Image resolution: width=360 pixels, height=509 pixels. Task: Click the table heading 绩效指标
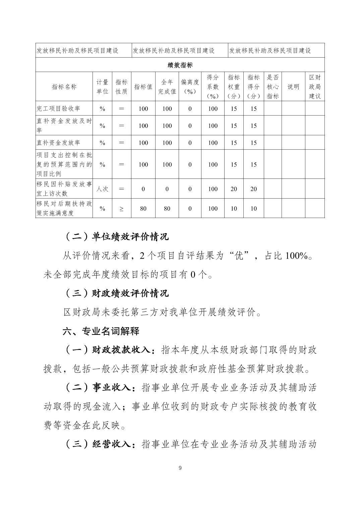tap(180, 65)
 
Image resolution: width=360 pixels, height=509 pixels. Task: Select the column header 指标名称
tap(64, 87)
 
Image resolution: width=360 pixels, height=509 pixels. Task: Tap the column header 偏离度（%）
tap(190, 87)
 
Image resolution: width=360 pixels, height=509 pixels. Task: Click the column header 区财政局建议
tap(315, 87)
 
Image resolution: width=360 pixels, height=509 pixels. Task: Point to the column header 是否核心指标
tap(273, 87)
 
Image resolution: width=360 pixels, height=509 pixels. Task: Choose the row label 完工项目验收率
tap(58, 109)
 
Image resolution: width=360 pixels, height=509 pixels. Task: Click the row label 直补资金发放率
tap(58, 143)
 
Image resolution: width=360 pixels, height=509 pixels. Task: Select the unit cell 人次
tap(102, 189)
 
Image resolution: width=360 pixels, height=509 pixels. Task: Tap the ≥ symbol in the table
tap(121, 209)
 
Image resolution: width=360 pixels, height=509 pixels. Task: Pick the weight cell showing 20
tap(234, 189)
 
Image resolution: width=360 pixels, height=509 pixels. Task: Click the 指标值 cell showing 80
tap(143, 209)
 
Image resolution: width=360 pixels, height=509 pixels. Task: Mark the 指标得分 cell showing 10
tap(253, 209)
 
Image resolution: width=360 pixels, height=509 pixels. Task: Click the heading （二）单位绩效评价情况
tap(116, 237)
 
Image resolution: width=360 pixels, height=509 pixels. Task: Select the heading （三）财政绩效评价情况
tap(116, 293)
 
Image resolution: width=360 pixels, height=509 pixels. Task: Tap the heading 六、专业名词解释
tap(101, 332)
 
